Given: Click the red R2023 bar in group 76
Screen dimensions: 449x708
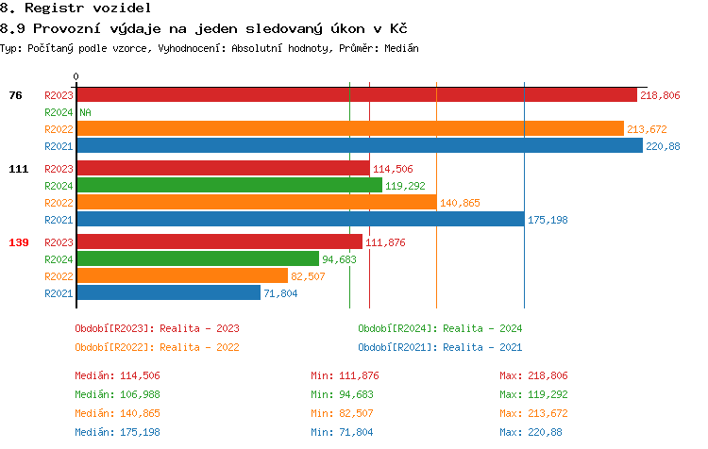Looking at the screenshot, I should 357,95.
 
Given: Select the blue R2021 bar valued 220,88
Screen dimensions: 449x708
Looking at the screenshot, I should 359,146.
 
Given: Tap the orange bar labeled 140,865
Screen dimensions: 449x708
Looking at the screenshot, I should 256,203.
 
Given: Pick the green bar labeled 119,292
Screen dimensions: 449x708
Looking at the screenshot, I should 228,186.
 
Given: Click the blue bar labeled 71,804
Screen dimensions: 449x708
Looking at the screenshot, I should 168,293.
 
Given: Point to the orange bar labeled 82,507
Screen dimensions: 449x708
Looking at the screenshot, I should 181,276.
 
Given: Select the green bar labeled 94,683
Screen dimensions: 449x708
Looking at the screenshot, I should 197,259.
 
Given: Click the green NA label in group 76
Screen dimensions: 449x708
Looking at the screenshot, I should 85,112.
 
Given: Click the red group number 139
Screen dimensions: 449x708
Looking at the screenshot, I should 19,242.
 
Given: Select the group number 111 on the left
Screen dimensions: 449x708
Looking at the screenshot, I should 19,169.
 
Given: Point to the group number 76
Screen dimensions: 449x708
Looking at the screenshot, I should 15,95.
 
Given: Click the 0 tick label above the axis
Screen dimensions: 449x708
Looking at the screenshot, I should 76,76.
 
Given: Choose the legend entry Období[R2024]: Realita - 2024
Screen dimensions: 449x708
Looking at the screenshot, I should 440,328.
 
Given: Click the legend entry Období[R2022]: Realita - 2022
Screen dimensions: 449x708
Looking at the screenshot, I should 157,346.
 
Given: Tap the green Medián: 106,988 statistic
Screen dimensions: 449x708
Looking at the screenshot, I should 117,393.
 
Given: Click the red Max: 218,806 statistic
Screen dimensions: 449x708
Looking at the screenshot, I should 534,375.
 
